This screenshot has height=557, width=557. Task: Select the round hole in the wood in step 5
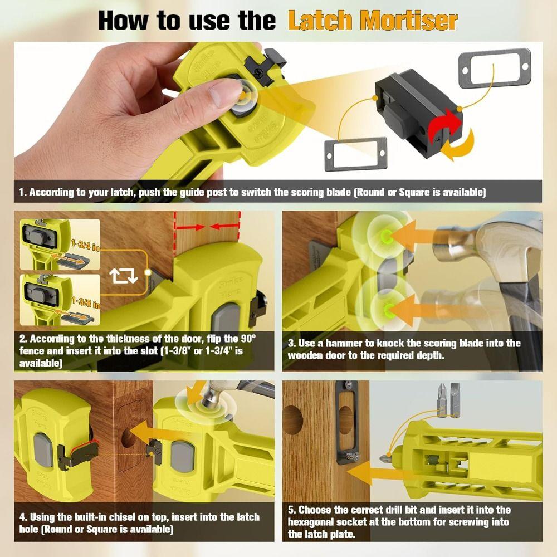coord(292,422)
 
